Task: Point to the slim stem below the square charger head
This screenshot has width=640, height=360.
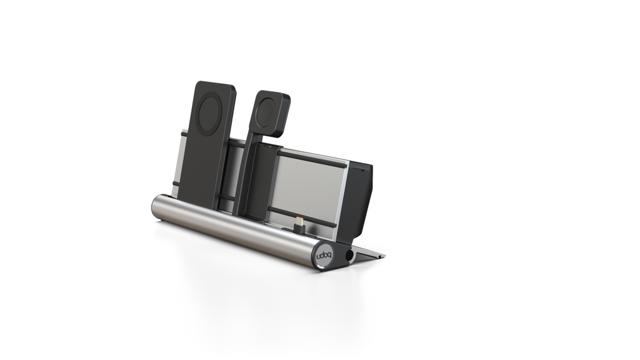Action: [x=258, y=144]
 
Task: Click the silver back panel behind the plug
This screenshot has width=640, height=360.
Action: [x=312, y=187]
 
